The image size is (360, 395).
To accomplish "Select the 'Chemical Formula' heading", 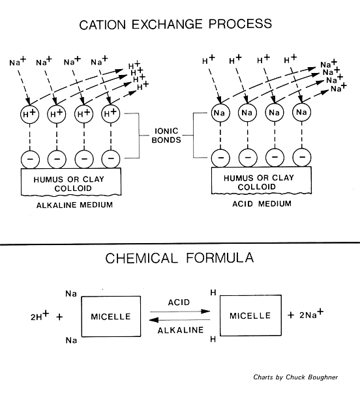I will (x=179, y=259).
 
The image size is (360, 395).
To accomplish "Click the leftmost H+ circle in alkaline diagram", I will (x=28, y=113).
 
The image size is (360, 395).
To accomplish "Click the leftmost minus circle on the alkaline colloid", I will (x=28, y=158).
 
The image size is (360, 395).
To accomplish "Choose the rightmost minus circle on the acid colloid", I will (x=301, y=158).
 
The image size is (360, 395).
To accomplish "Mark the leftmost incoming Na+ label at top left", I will (x=18, y=63).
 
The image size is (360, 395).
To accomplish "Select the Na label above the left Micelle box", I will (x=72, y=294).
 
